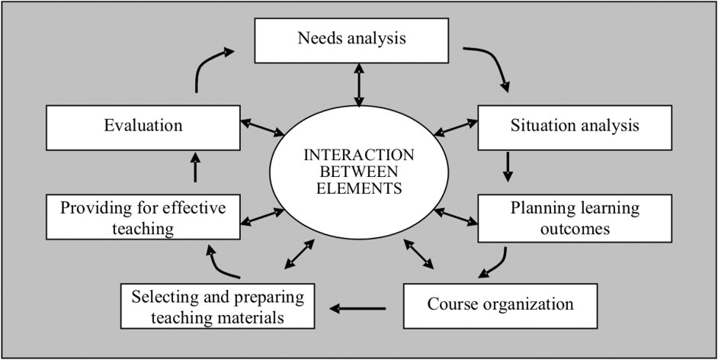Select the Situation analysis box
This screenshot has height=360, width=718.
pyautogui.click(x=574, y=126)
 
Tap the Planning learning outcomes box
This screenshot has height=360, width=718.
pyautogui.click(x=574, y=217)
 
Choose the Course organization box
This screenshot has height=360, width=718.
pyautogui.click(x=500, y=305)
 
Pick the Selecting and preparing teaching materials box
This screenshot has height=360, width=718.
pyautogui.click(x=217, y=305)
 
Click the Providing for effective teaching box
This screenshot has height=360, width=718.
pyautogui.click(x=144, y=217)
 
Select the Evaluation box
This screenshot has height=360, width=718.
pyautogui.click(x=143, y=126)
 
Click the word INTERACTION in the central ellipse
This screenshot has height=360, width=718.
pyautogui.click(x=359, y=155)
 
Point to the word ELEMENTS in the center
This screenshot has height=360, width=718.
pyautogui.click(x=359, y=185)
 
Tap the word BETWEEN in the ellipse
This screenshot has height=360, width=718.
pyautogui.click(x=359, y=170)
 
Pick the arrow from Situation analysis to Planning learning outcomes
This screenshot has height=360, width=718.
pyautogui.click(x=508, y=166)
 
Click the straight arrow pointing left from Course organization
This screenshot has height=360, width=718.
pyautogui.click(x=358, y=308)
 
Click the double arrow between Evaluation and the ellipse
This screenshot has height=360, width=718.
pyautogui.click(x=263, y=127)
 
